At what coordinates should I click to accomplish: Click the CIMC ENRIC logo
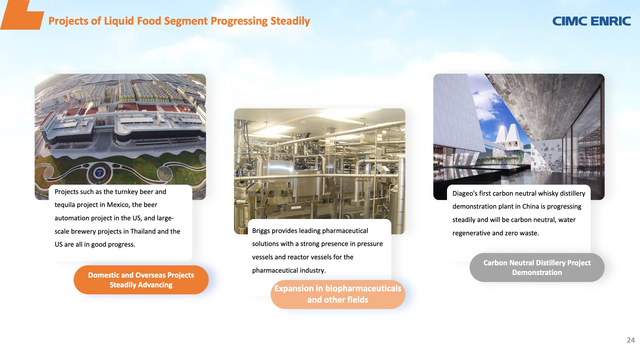pos(592,21)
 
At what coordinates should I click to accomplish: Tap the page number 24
pos(631,340)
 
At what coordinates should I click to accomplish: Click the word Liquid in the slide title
pos(119,21)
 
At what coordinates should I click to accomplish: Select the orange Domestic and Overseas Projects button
pos(141,280)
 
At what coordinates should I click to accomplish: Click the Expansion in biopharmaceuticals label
pos(338,294)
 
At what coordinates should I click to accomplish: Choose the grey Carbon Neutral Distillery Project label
pos(537,267)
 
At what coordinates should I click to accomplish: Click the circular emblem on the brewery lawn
pos(99,173)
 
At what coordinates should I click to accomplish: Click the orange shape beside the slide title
pos(22,15)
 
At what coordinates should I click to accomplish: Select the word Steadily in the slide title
pos(290,21)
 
